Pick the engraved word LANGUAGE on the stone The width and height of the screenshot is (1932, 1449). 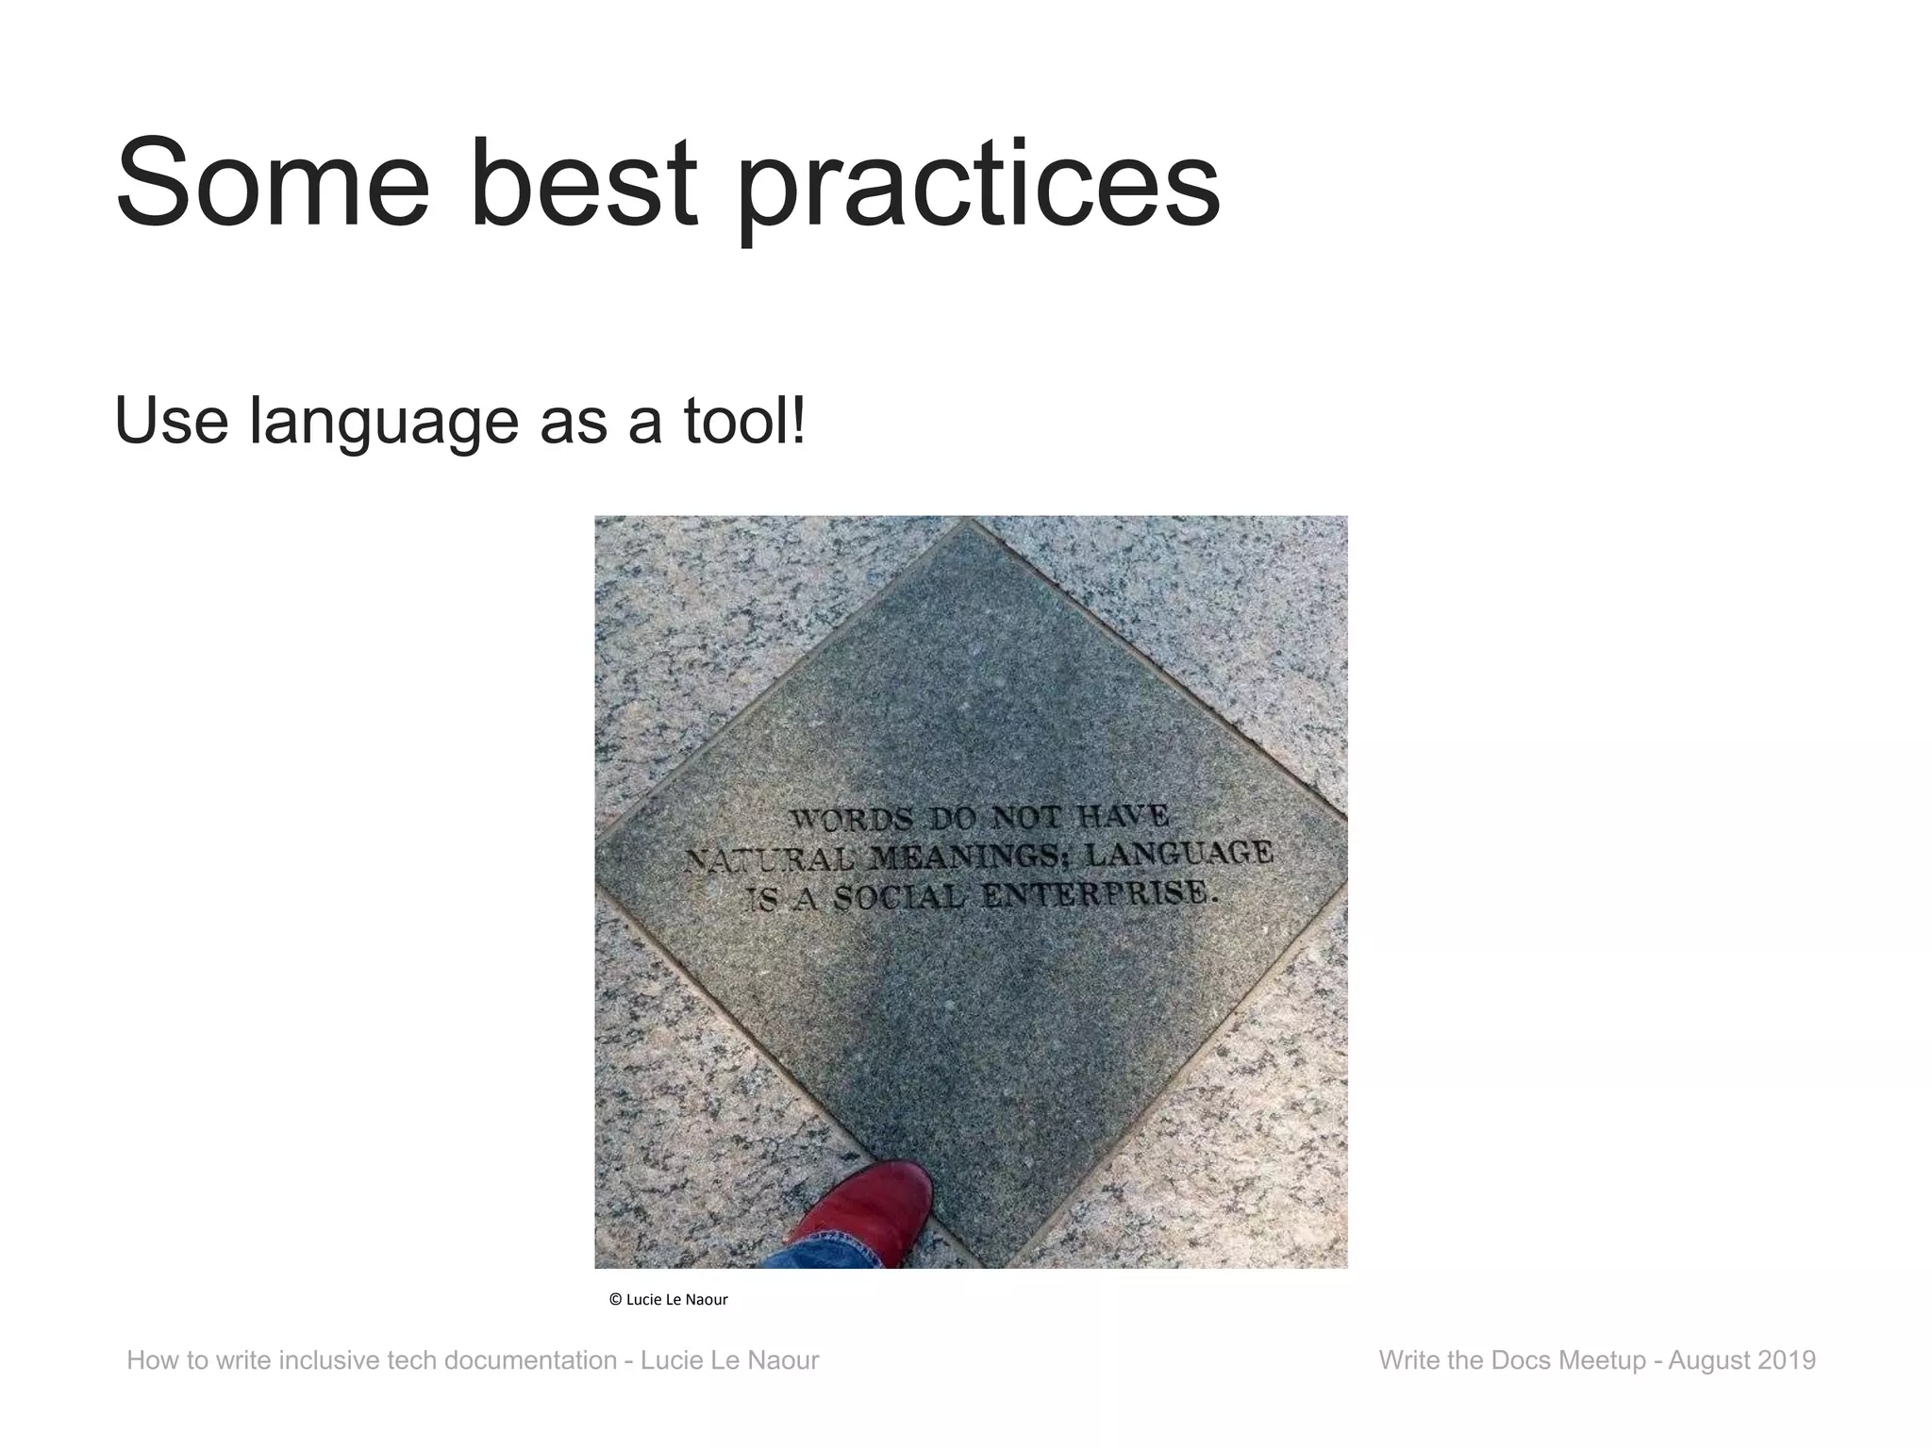1179,853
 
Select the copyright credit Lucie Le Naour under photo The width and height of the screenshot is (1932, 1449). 669,1299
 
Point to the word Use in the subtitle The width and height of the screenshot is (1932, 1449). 170,422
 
